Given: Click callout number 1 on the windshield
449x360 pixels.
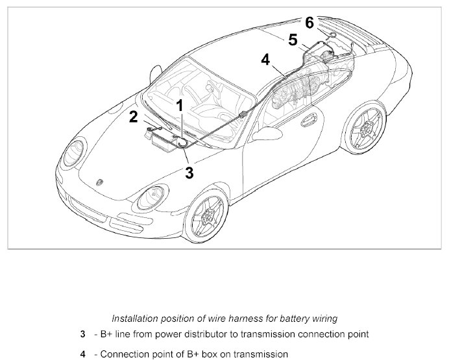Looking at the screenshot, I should (180, 105).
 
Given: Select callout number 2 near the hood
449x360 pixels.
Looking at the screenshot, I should (133, 117).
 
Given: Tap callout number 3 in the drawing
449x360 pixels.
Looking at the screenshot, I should (189, 173).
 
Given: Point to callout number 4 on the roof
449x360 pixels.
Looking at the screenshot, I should (265, 60).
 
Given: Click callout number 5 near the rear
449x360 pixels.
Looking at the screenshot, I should (293, 40).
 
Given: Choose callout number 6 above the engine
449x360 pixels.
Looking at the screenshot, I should (309, 23).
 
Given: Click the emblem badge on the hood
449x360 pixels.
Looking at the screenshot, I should (99, 183).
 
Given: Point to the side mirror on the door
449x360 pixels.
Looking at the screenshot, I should (264, 134).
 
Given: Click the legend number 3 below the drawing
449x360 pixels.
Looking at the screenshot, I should (83, 335).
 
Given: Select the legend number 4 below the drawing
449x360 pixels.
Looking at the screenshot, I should (83, 354).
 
